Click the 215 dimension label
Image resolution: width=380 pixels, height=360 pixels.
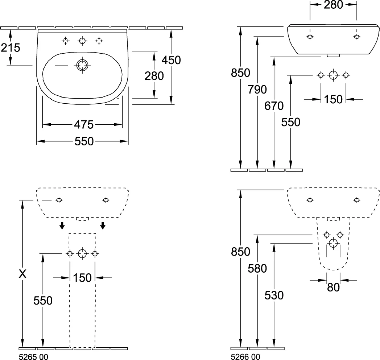(x=11, y=47)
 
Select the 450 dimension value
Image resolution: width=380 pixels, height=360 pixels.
(x=171, y=60)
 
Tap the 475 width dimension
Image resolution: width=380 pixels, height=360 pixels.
(x=84, y=124)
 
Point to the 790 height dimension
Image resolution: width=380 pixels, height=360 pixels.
(x=257, y=90)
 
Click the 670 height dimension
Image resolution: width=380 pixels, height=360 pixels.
(x=274, y=106)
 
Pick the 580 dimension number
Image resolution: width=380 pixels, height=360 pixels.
(x=257, y=268)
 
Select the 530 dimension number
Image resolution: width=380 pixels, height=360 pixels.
(x=274, y=295)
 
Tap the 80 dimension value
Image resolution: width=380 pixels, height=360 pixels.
(x=333, y=287)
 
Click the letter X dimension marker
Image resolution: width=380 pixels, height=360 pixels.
(x=22, y=274)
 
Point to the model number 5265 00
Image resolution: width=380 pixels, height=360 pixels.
(x=33, y=357)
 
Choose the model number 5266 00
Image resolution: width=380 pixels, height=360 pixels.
(x=245, y=357)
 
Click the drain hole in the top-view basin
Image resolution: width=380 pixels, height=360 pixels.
(x=82, y=65)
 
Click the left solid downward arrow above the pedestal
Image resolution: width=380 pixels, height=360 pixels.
(x=62, y=225)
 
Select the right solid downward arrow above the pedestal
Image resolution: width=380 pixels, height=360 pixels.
(x=103, y=225)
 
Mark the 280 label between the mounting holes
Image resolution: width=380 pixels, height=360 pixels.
(x=333, y=5)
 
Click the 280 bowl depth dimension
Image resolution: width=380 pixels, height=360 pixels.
(x=154, y=76)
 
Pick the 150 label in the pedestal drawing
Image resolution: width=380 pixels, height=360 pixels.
(x=82, y=278)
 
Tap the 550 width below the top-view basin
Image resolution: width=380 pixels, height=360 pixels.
(x=84, y=141)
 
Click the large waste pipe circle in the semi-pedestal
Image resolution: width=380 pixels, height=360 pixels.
(x=333, y=243)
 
